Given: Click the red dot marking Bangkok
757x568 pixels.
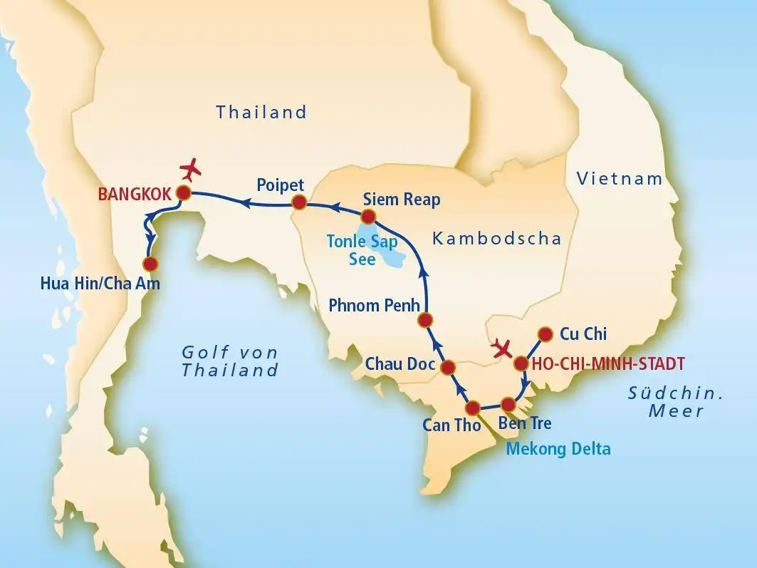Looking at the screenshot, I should point(184,193).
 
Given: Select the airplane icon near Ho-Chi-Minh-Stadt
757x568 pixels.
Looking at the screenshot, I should point(503,350).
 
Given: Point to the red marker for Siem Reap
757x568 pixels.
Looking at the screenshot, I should point(368,216).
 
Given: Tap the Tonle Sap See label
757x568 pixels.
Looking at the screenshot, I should point(362,250).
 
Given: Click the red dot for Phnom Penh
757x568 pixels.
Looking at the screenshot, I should point(426,319).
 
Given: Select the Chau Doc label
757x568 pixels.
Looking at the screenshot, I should point(400,364).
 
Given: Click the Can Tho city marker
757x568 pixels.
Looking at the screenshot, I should point(472,408).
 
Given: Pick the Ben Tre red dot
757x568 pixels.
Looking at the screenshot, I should point(508,403).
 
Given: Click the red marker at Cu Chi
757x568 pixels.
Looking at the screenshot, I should point(545,334).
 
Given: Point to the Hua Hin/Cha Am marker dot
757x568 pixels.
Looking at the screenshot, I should point(150,264).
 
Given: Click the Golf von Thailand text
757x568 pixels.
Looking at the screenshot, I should point(229,361).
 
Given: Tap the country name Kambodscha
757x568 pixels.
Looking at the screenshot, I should point(496,239).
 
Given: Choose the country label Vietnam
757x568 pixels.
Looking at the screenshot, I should point(620,179).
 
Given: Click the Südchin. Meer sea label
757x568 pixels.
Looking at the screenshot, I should point(675,401).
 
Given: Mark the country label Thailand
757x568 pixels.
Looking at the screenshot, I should point(261,112).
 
